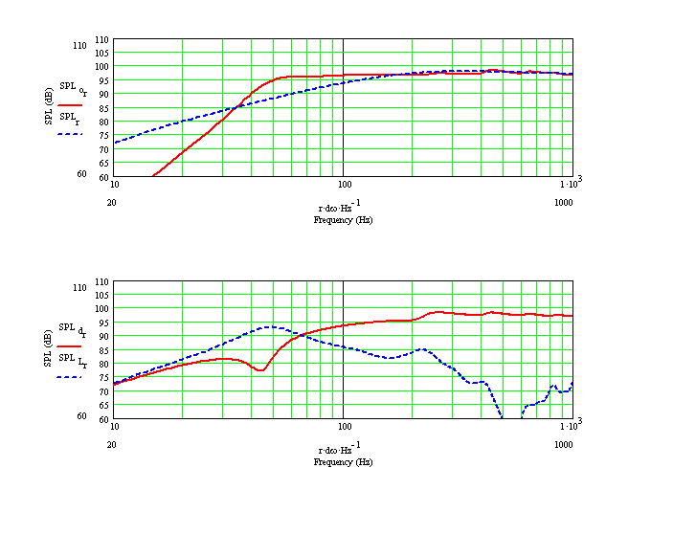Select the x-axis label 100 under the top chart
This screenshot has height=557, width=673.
click(343, 183)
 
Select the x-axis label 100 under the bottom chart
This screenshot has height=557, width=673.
click(343, 425)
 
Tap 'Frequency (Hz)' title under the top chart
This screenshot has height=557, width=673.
click(343, 220)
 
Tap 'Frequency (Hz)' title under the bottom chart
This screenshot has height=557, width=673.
click(343, 462)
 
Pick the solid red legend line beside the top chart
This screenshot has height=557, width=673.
click(69, 104)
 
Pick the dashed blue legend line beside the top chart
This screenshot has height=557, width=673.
click(69, 135)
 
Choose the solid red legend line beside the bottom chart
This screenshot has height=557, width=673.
click(69, 345)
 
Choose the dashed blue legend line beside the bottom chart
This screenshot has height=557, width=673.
click(69, 377)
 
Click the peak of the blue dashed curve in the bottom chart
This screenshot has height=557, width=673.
click(272, 326)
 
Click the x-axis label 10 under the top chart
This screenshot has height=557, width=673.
click(115, 183)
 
